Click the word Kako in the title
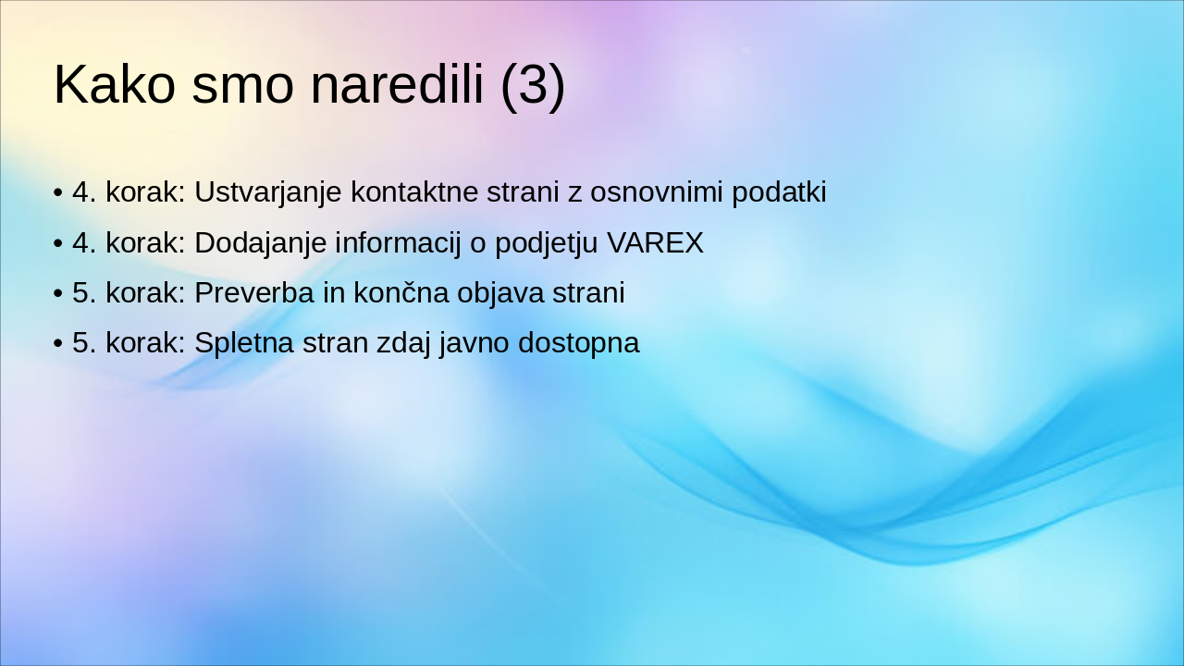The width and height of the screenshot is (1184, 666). click(x=115, y=84)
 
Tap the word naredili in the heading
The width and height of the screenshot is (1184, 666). click(x=397, y=84)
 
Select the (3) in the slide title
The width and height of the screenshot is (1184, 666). click(x=533, y=87)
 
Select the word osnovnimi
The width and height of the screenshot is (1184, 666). click(x=657, y=191)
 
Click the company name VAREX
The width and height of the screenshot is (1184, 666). click(x=656, y=243)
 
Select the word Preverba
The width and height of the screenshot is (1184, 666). click(x=254, y=293)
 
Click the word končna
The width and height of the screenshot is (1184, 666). click(x=401, y=293)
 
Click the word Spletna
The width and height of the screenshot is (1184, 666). click(x=244, y=342)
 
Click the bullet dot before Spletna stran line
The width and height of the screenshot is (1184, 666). click(x=58, y=343)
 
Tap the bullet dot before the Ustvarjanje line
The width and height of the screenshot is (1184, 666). click(x=58, y=193)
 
